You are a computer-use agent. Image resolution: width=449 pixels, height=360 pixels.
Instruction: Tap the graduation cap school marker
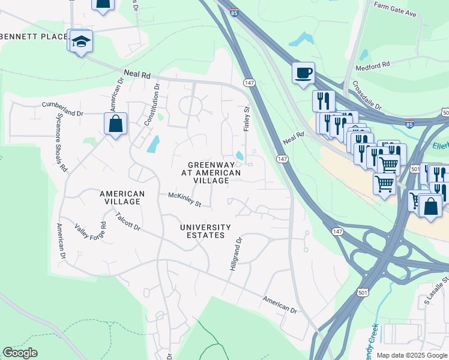click(x=80, y=42)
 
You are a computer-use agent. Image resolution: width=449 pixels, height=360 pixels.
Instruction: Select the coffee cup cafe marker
click(x=304, y=73)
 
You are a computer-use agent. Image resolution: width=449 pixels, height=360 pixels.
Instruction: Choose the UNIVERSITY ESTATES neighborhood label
click(x=205, y=231)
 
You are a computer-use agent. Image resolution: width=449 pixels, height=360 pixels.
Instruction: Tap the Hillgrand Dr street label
click(x=235, y=254)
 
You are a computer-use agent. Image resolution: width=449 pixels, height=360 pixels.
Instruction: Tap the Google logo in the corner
click(x=20, y=353)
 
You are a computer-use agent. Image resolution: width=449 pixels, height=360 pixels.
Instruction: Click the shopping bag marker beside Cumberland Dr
click(x=115, y=124)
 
